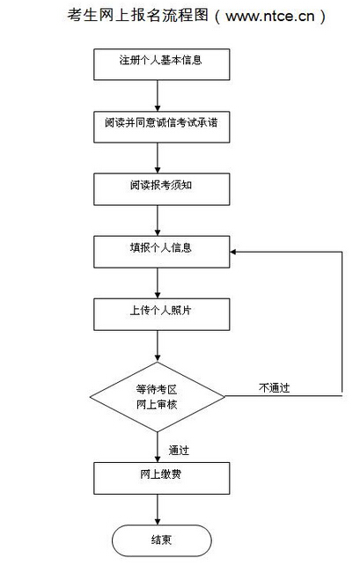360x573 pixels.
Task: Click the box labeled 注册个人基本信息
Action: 162,64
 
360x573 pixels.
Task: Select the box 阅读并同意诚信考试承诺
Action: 162,127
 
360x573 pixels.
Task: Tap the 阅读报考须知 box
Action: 162,189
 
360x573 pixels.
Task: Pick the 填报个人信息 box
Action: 162,252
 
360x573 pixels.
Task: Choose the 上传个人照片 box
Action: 162,314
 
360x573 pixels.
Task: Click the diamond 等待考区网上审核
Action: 158,397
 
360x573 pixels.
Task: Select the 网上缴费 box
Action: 162,478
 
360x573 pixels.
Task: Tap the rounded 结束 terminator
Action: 162,540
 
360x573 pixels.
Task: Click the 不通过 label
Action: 274,388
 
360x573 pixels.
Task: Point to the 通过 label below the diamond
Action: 179,451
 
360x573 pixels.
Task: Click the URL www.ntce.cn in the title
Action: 269,17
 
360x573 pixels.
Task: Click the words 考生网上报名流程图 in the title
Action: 138,15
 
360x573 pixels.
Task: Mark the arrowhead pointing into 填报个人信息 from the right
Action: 233,252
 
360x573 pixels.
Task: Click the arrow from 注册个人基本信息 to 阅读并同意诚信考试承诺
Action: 158,95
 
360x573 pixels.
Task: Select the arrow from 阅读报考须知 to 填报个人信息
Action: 158,220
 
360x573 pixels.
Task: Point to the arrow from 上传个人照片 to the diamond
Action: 158,346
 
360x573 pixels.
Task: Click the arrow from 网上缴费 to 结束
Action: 158,510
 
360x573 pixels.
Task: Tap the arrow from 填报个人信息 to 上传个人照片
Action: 158,283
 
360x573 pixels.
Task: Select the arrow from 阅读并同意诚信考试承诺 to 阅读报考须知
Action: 158,158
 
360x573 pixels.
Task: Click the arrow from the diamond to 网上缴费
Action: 158,447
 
